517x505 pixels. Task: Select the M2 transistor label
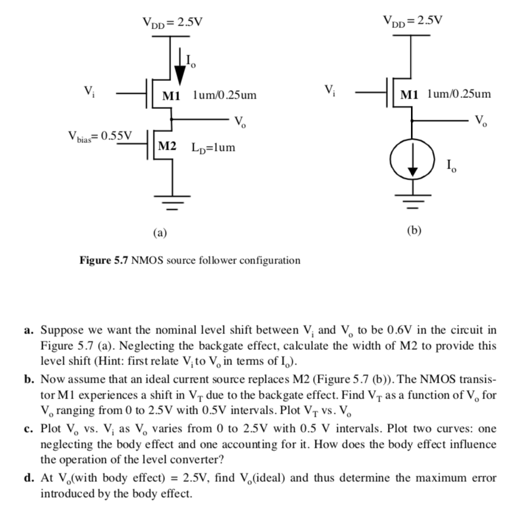tap(167, 147)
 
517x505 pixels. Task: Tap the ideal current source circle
tap(413, 163)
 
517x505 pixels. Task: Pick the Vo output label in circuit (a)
tap(240, 120)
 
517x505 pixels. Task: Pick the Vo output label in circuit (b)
tap(481, 119)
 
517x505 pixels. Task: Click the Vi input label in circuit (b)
tap(330, 92)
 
